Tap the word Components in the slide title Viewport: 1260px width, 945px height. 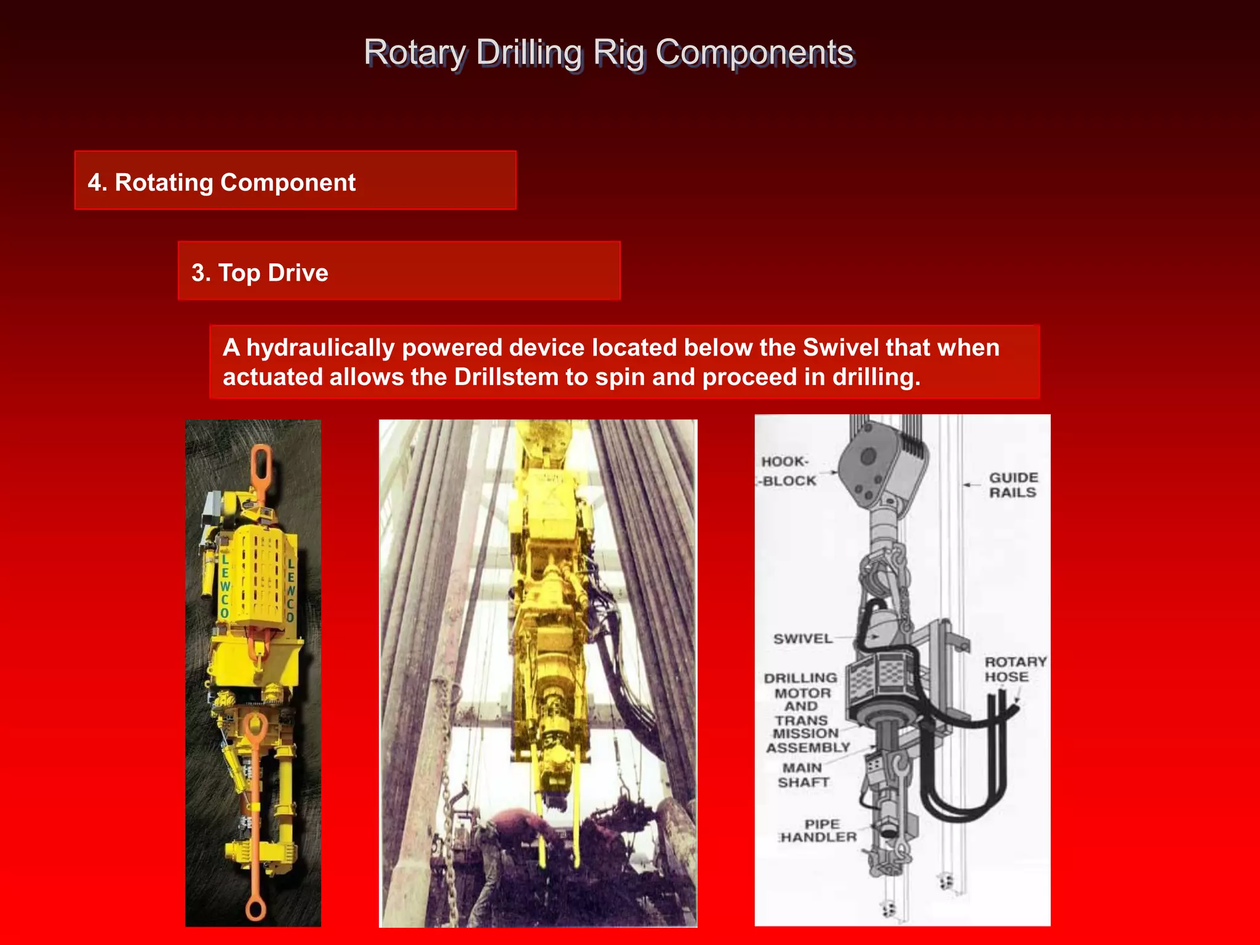tap(754, 53)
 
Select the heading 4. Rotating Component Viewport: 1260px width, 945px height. tap(221, 183)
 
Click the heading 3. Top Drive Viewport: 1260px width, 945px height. tap(260, 273)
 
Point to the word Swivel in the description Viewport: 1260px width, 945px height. tap(840, 348)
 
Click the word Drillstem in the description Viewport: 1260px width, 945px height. tap(498, 377)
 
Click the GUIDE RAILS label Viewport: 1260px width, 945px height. tap(1013, 485)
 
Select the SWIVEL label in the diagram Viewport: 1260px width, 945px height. tap(802, 639)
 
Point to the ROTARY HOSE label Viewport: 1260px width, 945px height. tap(1015, 669)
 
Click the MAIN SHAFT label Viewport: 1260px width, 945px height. tap(803, 775)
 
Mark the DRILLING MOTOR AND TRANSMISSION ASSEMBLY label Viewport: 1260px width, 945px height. tap(803, 712)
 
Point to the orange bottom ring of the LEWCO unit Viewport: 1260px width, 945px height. tap(255, 908)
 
